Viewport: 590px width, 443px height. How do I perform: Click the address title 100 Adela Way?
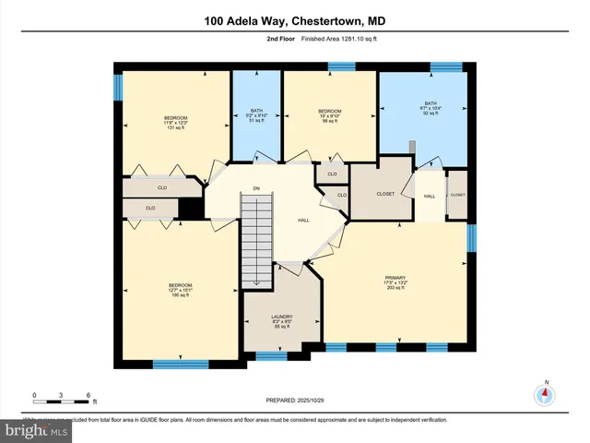click(x=295, y=21)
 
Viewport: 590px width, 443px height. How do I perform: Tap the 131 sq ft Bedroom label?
click(x=175, y=123)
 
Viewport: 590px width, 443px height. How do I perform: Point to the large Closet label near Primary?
click(x=386, y=194)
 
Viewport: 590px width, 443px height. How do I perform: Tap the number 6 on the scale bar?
click(x=88, y=395)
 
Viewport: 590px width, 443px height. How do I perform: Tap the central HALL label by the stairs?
click(x=303, y=221)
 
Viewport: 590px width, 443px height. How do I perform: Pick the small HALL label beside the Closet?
click(x=430, y=197)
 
